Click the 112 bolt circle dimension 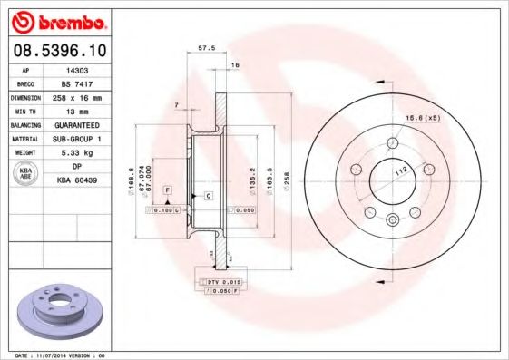399,169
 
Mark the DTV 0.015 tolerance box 220,283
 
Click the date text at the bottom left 54,355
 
